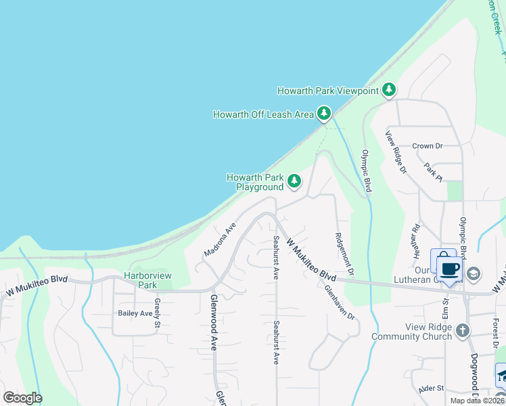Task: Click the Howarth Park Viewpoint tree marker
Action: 389,90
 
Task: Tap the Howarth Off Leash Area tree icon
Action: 325,114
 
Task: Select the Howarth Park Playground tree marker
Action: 294,181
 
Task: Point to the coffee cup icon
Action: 449,268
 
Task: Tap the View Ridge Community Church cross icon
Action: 462,331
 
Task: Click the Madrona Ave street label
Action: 220,240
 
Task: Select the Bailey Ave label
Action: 135,313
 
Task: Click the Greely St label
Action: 157,313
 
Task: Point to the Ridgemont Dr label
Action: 344,254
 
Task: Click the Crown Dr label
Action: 427,145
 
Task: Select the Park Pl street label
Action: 432,171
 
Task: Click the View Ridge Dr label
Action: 396,152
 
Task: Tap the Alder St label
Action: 430,388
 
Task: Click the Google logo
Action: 22,398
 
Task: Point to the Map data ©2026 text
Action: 476,401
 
